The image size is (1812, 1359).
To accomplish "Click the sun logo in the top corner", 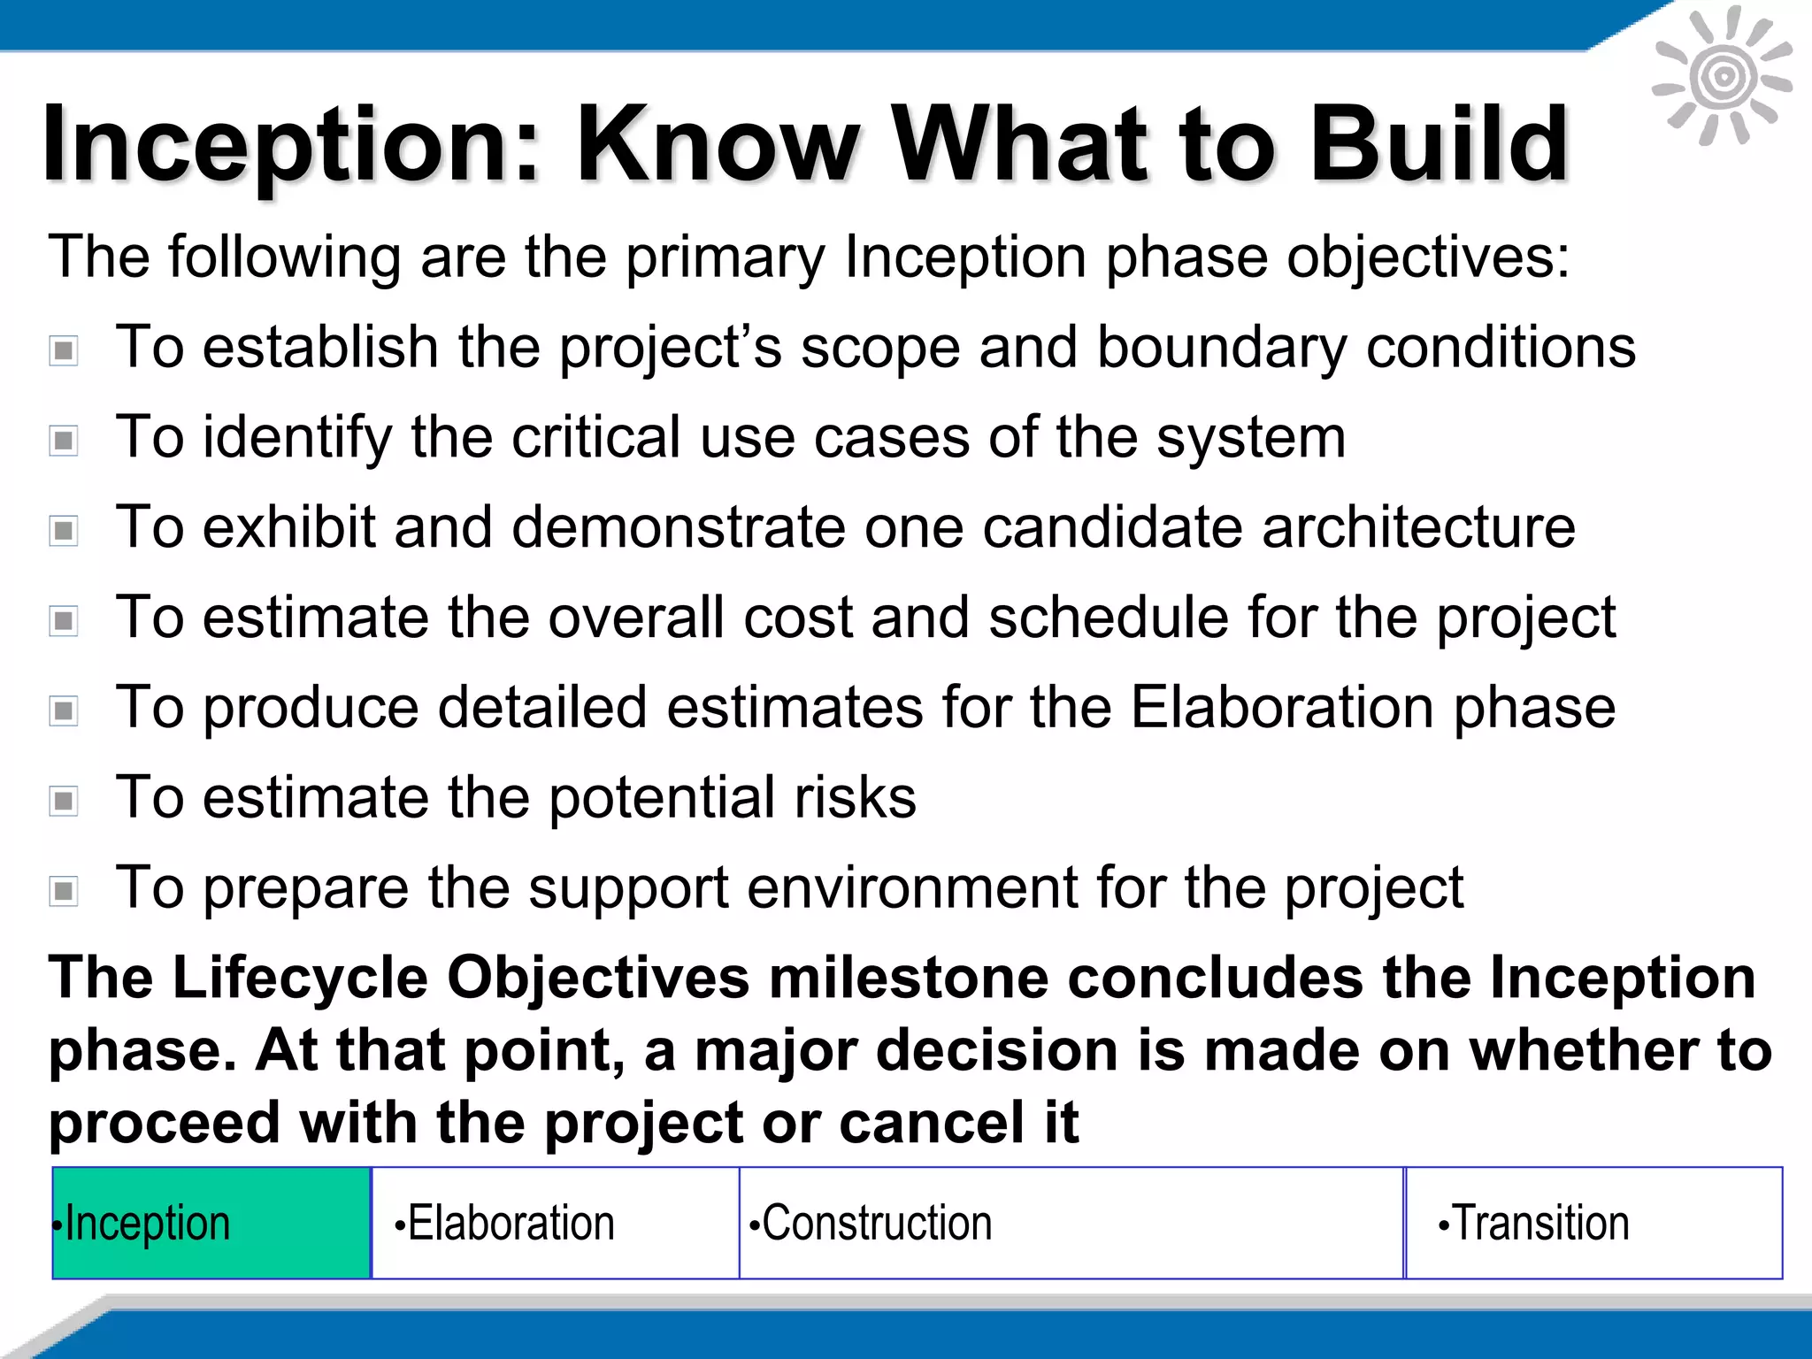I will (1722, 76).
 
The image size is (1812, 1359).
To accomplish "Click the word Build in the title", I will (1439, 144).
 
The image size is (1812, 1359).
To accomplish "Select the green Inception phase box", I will (211, 1223).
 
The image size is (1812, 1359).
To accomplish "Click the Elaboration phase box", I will (555, 1223).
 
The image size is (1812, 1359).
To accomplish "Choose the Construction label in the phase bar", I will (877, 1223).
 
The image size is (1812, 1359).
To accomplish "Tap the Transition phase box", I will (1593, 1223).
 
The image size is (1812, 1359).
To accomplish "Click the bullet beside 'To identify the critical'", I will (64, 440).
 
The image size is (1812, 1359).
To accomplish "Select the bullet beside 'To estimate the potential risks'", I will (64, 801).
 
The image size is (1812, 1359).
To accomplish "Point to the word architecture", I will (1418, 527).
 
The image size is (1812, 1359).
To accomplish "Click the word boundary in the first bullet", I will (1221, 348).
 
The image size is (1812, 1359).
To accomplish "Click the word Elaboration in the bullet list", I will (1282, 708).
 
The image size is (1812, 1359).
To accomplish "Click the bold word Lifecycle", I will (300, 979).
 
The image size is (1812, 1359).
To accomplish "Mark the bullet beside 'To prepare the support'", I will (64, 891).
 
